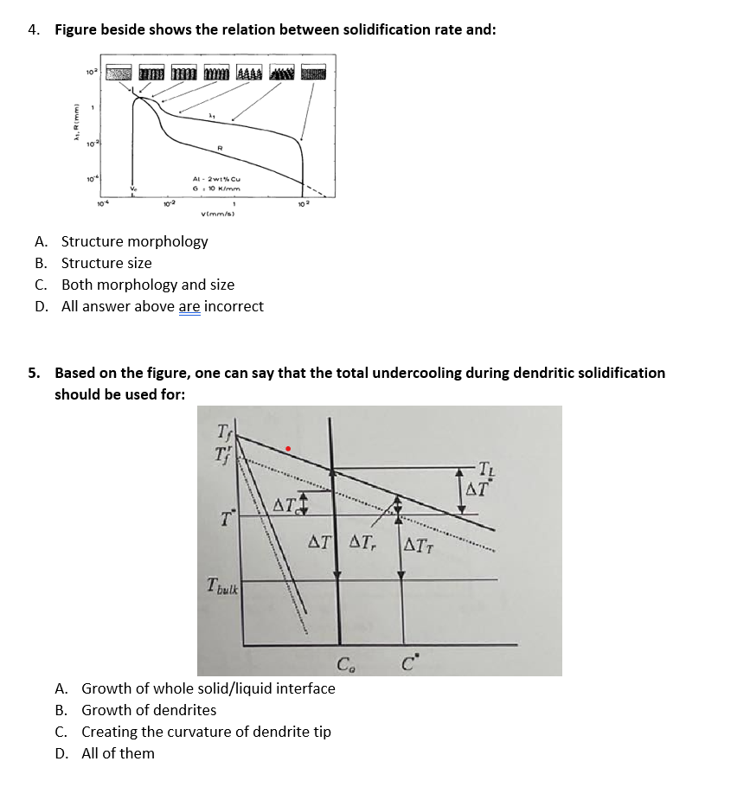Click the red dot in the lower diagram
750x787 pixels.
(289, 448)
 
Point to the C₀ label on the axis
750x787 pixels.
(344, 664)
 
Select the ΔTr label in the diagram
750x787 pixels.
(362, 543)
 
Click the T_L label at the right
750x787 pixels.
(491, 470)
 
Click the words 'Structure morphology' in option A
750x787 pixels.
(134, 241)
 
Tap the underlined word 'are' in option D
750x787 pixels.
(189, 306)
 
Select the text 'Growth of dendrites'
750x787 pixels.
(149, 710)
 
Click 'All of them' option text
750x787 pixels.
(118, 753)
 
